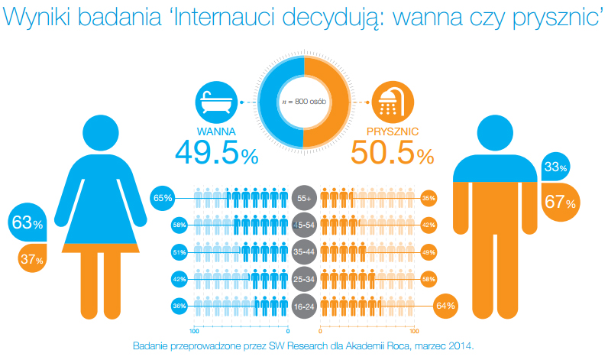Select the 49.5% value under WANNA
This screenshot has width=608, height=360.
click(216, 153)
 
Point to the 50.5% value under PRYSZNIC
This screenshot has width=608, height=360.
click(392, 153)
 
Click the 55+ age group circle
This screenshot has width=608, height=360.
click(304, 197)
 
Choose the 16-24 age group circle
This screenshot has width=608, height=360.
click(304, 306)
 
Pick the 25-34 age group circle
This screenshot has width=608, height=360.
click(304, 279)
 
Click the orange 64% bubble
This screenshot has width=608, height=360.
click(445, 306)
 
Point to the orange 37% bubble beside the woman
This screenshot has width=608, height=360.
click(31, 260)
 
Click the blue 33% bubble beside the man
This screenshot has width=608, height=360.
click(556, 167)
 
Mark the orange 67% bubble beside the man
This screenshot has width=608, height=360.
click(561, 201)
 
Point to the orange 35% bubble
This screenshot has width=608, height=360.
click(429, 198)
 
